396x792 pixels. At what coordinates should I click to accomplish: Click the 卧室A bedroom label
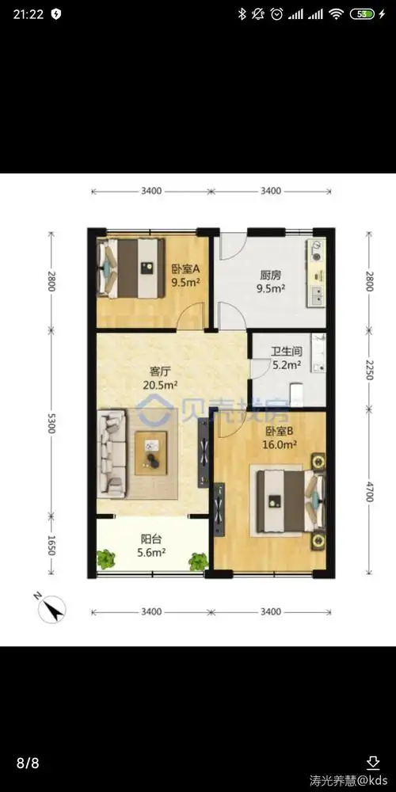pos(186,269)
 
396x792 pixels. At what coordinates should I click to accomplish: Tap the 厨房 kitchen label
pos(270,276)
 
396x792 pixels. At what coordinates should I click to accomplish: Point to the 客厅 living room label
pos(159,371)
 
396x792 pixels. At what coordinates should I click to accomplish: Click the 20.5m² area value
pos(160,386)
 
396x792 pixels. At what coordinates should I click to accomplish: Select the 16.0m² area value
pos(279,445)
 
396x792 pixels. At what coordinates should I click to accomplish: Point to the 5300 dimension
pos(51,422)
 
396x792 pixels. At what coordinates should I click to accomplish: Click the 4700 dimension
pos(369,490)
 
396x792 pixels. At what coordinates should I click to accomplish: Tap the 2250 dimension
pos(369,369)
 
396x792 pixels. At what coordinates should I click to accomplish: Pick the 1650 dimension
pos(51,545)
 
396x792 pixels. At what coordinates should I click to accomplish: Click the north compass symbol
pos(51,608)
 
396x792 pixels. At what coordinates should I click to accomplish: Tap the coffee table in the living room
pos(150,453)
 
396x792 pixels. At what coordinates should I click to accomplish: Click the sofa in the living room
pos(112,451)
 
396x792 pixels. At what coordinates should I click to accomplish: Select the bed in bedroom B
pos(288,501)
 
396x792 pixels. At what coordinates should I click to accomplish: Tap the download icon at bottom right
pos(373,762)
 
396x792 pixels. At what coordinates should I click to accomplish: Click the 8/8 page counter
pos(28,762)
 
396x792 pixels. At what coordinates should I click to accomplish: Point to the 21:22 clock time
pos(29,14)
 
